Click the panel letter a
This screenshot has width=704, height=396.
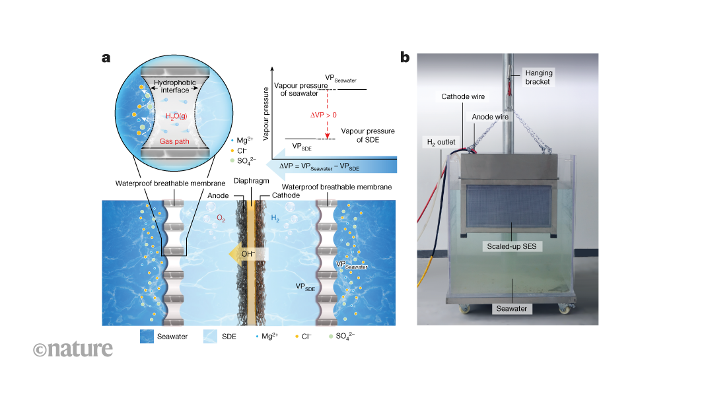(106, 57)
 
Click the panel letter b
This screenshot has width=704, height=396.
(405, 57)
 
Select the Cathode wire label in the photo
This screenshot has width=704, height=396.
(463, 97)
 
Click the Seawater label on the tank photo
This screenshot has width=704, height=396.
(513, 308)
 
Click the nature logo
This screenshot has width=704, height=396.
(73, 348)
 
